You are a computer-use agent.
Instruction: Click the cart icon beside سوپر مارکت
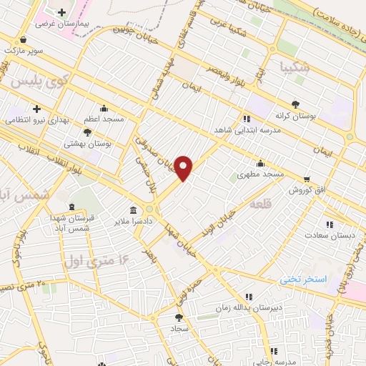25,40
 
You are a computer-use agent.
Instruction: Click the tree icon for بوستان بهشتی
87,132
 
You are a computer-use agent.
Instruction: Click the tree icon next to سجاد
179,317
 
